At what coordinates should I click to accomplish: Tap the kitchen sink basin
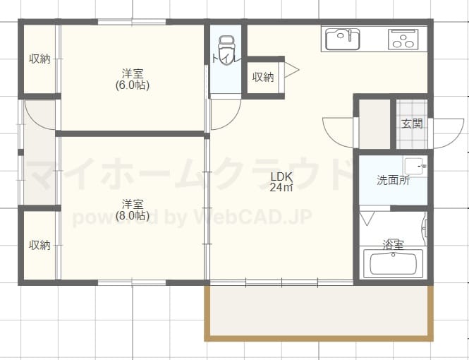coord(342,39)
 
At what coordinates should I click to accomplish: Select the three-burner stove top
coord(403,40)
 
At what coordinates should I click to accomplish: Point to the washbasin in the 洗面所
coord(415,166)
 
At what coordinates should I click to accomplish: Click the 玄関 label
coord(412,124)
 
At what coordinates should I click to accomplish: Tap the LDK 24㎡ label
coord(281,181)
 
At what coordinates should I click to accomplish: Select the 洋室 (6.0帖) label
coord(133,79)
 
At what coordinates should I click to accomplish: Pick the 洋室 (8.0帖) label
coord(133,210)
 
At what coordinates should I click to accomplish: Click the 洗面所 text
coord(393,180)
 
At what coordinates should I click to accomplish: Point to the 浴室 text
coord(394,244)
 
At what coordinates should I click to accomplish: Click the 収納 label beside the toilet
coord(263,77)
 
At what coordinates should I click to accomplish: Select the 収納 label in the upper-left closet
coord(39,59)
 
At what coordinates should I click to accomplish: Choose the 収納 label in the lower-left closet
coord(39,245)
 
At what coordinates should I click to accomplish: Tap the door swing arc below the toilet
coord(233,120)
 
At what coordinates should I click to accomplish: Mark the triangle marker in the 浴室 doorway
coord(367,218)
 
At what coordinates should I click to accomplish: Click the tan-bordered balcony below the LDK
coord(319,313)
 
